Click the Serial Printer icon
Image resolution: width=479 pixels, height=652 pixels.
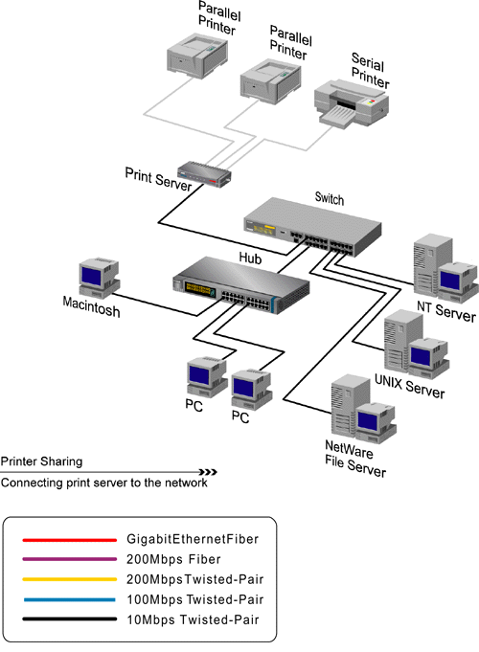pos(352,104)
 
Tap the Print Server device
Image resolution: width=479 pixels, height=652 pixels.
pos(204,174)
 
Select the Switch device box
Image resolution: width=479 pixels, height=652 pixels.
pos(312,228)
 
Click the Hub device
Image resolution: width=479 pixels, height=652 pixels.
pos(241,286)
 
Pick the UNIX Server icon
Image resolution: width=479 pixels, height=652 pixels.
pos(417,345)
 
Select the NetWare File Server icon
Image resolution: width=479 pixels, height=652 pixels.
pos(363,409)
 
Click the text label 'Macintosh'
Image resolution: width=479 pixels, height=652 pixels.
pos(92,306)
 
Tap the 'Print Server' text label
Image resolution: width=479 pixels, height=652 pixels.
pos(158,179)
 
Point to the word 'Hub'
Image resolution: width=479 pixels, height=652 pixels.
pos(250,259)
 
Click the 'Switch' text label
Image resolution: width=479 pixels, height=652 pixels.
pos(330,198)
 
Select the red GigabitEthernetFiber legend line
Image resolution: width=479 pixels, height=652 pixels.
pos(70,540)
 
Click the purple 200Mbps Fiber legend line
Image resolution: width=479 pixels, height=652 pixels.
pos(70,559)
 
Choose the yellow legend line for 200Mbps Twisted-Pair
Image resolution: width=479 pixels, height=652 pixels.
pos(70,579)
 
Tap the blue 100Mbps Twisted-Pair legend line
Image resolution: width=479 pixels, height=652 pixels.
pos(70,599)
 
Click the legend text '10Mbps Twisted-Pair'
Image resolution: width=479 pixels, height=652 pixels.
pos(194,619)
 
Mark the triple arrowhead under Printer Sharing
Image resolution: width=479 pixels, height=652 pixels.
pos(208,472)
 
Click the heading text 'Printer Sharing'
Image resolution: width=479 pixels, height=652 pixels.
pos(41,461)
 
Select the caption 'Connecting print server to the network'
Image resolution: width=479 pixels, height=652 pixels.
pos(104,483)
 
